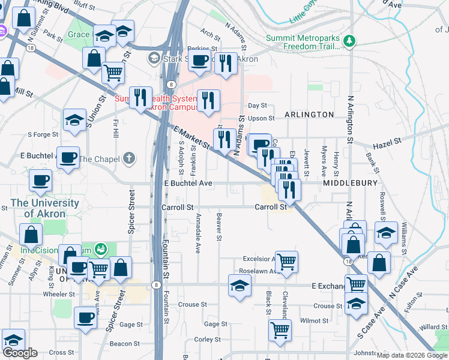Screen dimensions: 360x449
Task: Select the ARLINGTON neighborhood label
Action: coord(309,114)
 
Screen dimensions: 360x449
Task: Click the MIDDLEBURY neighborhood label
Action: coord(350,182)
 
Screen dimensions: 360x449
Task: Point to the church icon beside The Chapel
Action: coord(128,158)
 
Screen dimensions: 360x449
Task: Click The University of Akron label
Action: coord(44,208)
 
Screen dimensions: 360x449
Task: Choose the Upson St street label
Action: coord(262,118)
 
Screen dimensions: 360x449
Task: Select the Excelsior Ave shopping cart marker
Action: coord(287,260)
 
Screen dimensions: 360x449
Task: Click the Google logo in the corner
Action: coord(20,353)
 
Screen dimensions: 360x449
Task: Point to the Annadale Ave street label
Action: coord(197,235)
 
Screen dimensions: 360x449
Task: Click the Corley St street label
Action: coord(208,339)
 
